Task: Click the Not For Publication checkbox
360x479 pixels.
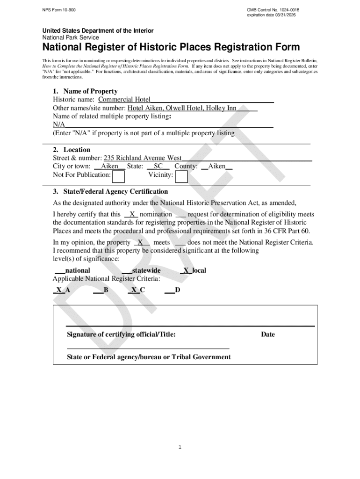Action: click(119, 176)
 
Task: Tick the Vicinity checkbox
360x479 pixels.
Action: click(181, 176)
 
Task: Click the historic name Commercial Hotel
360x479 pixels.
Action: click(124, 100)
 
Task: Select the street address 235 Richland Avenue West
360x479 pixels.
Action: click(143, 158)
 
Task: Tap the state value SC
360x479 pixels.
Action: click(158, 167)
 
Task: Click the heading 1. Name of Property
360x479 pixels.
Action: click(85, 91)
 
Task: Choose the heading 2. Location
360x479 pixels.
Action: click(72, 150)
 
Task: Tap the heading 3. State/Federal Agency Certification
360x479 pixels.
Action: click(110, 192)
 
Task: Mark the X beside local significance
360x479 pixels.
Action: click(186, 270)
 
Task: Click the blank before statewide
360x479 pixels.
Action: click(126, 270)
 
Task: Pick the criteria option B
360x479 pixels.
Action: click(106, 290)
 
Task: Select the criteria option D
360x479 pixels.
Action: click(177, 290)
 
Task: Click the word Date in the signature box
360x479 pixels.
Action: click(268, 334)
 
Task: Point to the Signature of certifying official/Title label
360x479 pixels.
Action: click(121, 334)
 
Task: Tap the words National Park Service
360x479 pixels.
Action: click(71, 37)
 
